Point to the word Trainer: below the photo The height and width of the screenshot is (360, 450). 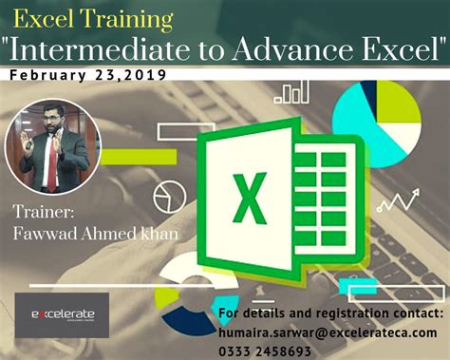(44, 209)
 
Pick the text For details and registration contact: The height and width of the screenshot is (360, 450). (329, 313)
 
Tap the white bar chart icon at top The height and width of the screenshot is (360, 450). (289, 92)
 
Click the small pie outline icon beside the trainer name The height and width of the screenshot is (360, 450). (167, 196)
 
